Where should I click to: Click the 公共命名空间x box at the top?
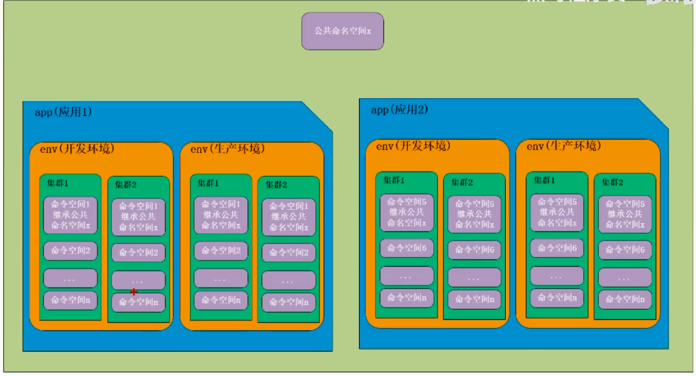(x=342, y=31)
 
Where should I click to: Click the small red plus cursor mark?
(x=134, y=292)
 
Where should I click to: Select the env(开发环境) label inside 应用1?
(x=73, y=149)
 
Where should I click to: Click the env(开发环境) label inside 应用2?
(x=409, y=146)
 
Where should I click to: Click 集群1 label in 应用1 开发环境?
(x=57, y=183)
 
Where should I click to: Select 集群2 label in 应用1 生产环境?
(x=275, y=184)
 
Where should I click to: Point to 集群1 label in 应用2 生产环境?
(x=545, y=180)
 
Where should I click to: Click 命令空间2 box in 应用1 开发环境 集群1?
(x=70, y=251)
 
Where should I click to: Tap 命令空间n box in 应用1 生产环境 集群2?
(x=288, y=302)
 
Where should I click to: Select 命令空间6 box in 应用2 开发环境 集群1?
(x=406, y=248)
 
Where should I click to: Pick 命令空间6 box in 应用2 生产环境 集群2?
(x=625, y=249)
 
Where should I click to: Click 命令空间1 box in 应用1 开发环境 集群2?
(x=139, y=217)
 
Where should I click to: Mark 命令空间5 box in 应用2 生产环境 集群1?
(x=557, y=213)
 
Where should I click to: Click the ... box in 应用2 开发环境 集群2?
(x=474, y=277)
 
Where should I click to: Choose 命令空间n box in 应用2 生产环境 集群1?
(x=557, y=298)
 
